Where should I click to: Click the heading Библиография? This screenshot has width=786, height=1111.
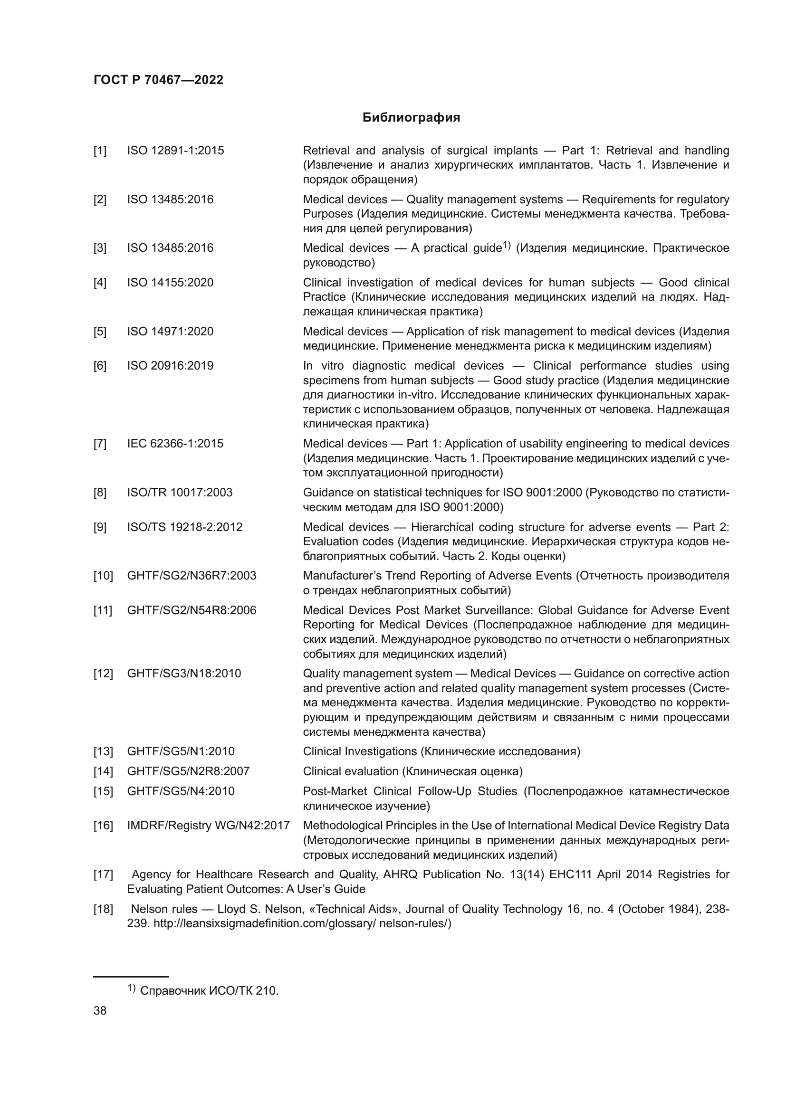click(x=411, y=118)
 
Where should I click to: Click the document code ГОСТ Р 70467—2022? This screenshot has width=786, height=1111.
click(x=158, y=80)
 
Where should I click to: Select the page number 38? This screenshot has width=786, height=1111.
click(x=100, y=1010)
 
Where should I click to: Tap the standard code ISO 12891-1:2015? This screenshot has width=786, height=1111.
click(x=175, y=151)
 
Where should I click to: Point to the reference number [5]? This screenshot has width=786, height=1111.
click(x=100, y=332)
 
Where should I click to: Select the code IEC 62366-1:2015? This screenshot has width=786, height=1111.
click(x=175, y=443)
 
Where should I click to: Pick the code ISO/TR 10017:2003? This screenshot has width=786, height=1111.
click(x=180, y=493)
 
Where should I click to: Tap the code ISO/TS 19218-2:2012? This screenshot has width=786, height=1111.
click(x=184, y=527)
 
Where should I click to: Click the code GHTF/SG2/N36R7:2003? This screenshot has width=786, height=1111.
click(x=192, y=576)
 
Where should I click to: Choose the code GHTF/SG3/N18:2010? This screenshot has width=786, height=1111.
click(x=184, y=674)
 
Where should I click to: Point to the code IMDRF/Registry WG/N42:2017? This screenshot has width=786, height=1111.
click(x=208, y=826)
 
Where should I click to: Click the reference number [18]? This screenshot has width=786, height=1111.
click(x=103, y=909)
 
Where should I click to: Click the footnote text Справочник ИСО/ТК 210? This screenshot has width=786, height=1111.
click(x=209, y=990)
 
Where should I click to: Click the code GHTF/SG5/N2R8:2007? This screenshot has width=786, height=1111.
click(x=188, y=771)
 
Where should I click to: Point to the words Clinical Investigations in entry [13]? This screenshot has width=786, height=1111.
click(x=360, y=751)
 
